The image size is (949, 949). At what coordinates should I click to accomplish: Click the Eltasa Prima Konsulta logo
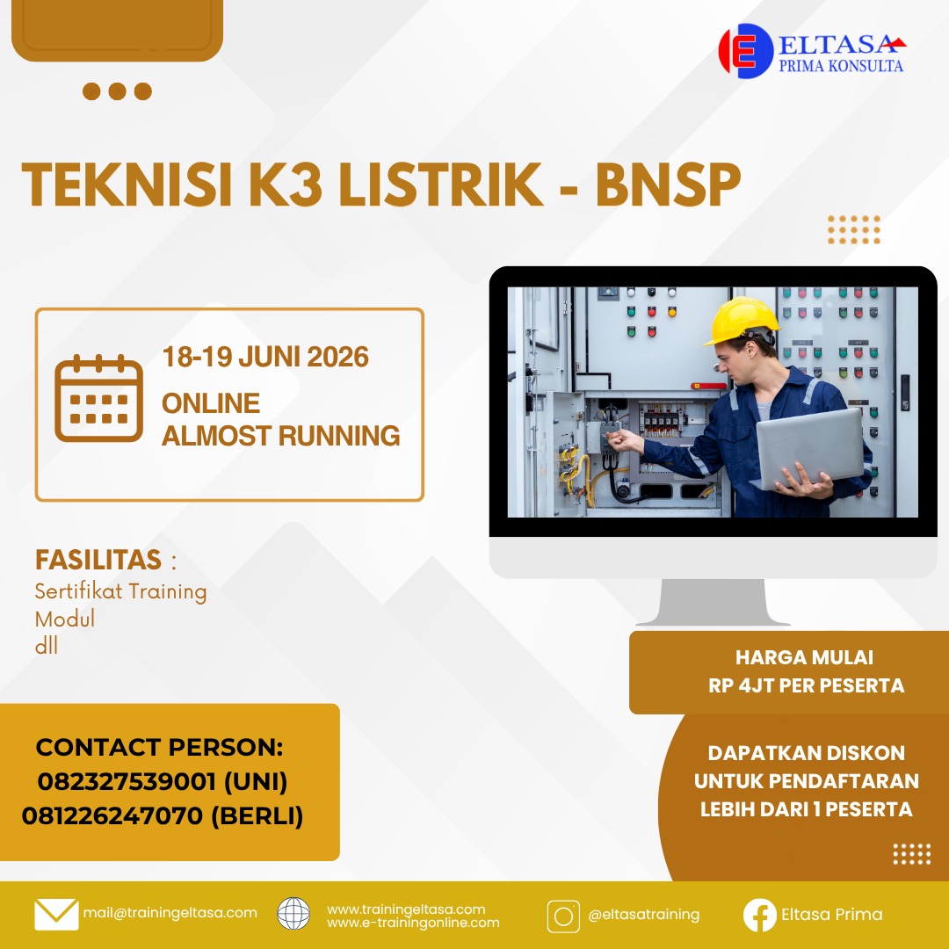point(811,51)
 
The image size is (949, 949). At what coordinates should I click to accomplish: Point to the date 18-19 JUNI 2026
point(265,358)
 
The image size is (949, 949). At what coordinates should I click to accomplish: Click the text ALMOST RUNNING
point(281,435)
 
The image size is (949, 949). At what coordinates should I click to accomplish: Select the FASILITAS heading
point(98,560)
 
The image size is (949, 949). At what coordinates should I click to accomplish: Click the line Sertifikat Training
point(120,591)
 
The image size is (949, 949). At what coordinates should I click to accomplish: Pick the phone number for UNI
point(163,781)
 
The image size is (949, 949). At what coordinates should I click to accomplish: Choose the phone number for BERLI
point(163,815)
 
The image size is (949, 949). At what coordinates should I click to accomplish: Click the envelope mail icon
point(56,914)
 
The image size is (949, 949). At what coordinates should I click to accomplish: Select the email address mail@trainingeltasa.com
point(170,913)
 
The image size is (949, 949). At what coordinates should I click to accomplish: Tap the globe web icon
point(293,914)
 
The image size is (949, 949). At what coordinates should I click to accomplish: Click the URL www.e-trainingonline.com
point(413,923)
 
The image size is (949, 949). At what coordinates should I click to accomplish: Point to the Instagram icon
point(563,915)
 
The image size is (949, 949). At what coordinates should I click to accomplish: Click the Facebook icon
point(759,915)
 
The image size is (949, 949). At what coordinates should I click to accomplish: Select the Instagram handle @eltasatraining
point(644,915)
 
